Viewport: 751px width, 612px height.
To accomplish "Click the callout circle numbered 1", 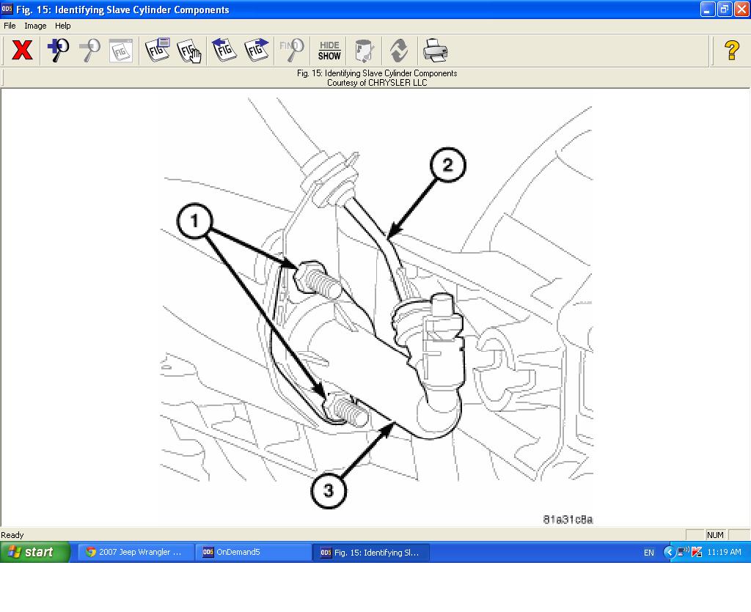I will point(194,220).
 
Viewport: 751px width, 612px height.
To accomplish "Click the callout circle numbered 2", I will point(447,165).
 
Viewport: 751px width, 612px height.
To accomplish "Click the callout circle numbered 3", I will point(328,490).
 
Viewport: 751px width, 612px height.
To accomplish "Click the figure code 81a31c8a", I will point(568,520).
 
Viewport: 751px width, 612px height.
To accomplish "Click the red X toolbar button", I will point(23,51).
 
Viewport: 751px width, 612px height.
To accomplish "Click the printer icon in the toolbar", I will point(434,51).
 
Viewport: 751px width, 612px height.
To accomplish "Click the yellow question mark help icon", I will point(731,51).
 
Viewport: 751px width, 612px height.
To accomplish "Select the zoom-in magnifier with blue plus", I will point(58,51).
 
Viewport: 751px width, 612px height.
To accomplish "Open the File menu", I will point(10,26).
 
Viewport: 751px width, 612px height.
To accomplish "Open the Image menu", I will point(35,26).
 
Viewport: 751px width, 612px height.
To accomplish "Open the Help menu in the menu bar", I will point(63,26).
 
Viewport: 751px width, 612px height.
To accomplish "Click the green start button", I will point(34,552).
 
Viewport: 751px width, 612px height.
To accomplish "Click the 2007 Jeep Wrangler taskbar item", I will point(136,553).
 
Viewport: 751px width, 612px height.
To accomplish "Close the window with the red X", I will point(741,10).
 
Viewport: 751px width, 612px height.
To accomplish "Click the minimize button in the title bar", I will point(707,10).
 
